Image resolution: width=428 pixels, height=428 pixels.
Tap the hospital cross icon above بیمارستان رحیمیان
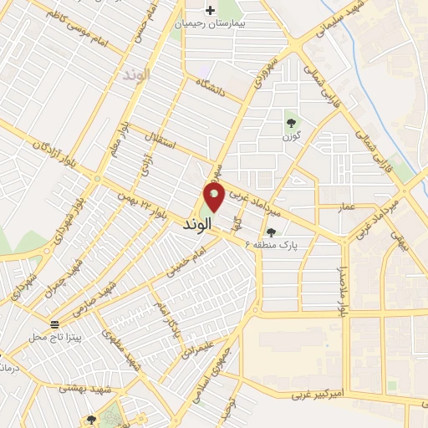pos(209,11)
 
